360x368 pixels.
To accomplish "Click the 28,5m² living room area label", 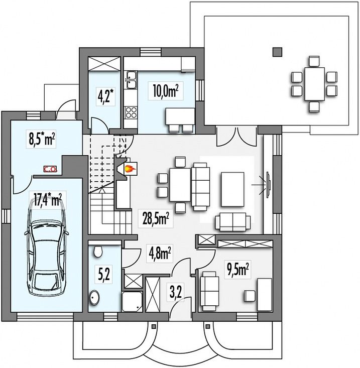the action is [x=156, y=218].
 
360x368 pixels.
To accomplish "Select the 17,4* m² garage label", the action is [x=48, y=200].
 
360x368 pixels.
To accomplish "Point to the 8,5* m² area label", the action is [x=42, y=139].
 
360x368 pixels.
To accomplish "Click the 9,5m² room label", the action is [x=238, y=270].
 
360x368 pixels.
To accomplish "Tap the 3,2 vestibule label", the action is [x=176, y=292].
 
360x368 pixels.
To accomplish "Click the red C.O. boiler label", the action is [x=50, y=169].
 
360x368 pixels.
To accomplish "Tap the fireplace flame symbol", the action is [x=130, y=169].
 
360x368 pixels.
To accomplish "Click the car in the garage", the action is [x=47, y=247].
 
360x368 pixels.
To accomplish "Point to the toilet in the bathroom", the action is [x=98, y=252].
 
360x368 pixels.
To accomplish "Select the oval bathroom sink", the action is [x=94, y=298].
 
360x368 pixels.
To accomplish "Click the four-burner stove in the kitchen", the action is [x=131, y=112].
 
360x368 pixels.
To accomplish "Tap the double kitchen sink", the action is [x=132, y=80].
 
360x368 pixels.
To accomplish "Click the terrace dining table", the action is [x=315, y=84].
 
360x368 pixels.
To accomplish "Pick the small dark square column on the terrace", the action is [x=277, y=52].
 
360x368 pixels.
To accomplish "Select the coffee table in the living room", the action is [x=232, y=189].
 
